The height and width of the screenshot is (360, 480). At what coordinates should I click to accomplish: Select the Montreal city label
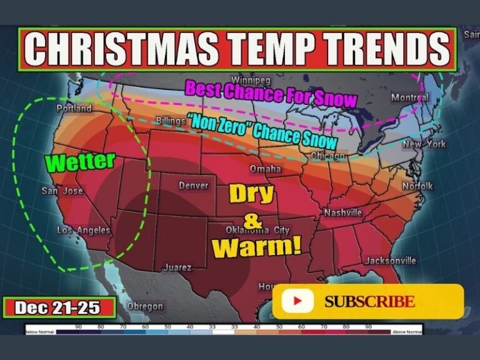[x=409, y=97]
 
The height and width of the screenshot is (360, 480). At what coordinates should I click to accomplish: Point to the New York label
[x=424, y=144]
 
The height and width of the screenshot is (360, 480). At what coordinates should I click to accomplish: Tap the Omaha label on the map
[x=266, y=169]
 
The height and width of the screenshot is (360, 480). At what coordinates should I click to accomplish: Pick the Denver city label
[x=193, y=186]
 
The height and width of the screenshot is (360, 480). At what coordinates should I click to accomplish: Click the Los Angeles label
[x=83, y=231]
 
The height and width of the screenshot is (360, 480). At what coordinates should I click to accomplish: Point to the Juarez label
[x=177, y=267]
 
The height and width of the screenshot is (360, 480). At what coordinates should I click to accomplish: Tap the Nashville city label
[x=342, y=212]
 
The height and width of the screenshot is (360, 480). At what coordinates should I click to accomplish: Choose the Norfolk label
[x=417, y=186]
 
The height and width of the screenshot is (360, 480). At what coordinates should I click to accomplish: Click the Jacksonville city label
[x=391, y=261]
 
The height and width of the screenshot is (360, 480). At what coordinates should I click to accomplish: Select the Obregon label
[x=145, y=306]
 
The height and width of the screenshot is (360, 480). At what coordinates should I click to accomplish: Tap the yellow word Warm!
[x=256, y=246]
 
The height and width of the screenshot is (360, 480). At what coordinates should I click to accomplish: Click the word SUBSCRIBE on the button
[x=369, y=302]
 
